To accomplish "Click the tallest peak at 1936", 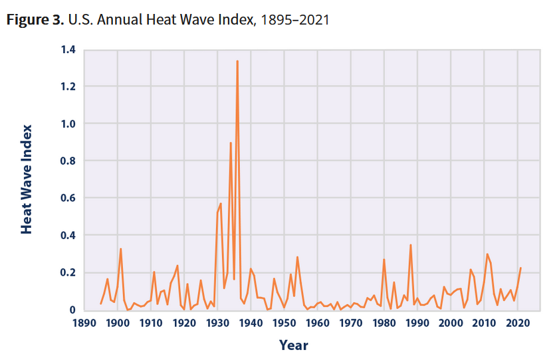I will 237,61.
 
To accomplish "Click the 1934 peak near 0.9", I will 231,143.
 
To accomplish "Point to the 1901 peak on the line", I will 120,249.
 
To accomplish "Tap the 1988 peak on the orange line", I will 411,245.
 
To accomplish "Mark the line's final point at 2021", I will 520,268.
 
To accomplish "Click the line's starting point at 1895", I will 100,304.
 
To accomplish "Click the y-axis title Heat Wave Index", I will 27,179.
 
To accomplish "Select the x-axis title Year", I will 293,345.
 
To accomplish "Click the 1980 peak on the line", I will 384,260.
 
